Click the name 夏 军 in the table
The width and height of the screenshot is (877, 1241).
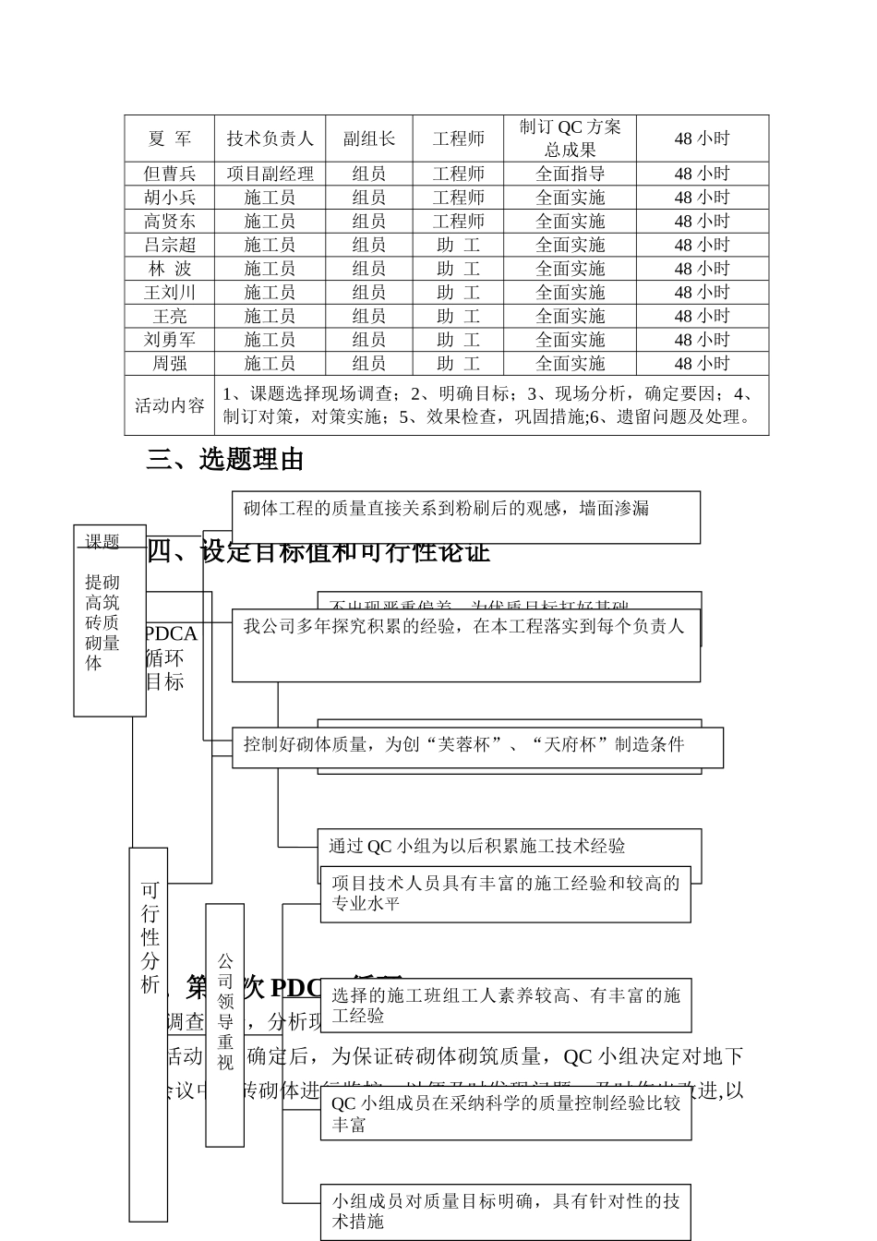[x=170, y=139]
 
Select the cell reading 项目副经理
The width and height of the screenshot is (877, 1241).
[x=270, y=174]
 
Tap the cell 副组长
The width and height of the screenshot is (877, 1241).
[x=369, y=139]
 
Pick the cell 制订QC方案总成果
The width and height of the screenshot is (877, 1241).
[x=571, y=139]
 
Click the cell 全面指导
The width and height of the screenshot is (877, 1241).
[x=571, y=174]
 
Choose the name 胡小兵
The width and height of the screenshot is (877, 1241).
[x=170, y=198]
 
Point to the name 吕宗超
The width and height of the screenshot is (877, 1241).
[x=170, y=245]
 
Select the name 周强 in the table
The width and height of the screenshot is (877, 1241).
[x=170, y=364]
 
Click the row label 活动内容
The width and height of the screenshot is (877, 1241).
[x=170, y=405]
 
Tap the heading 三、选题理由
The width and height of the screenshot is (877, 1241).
[x=225, y=460]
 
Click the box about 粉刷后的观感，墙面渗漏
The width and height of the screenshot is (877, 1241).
[x=465, y=517]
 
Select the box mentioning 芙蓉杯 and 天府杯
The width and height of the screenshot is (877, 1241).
[x=476, y=747]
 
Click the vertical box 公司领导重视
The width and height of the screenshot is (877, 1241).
[x=225, y=1024]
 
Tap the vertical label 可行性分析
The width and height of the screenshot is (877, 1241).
[x=149, y=1034]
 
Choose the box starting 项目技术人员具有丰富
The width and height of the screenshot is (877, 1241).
[x=506, y=894]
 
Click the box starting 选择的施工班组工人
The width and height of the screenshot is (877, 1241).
[x=506, y=1006]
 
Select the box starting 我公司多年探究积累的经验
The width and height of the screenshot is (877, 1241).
[x=465, y=645]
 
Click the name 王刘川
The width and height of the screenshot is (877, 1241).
[x=170, y=293]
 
